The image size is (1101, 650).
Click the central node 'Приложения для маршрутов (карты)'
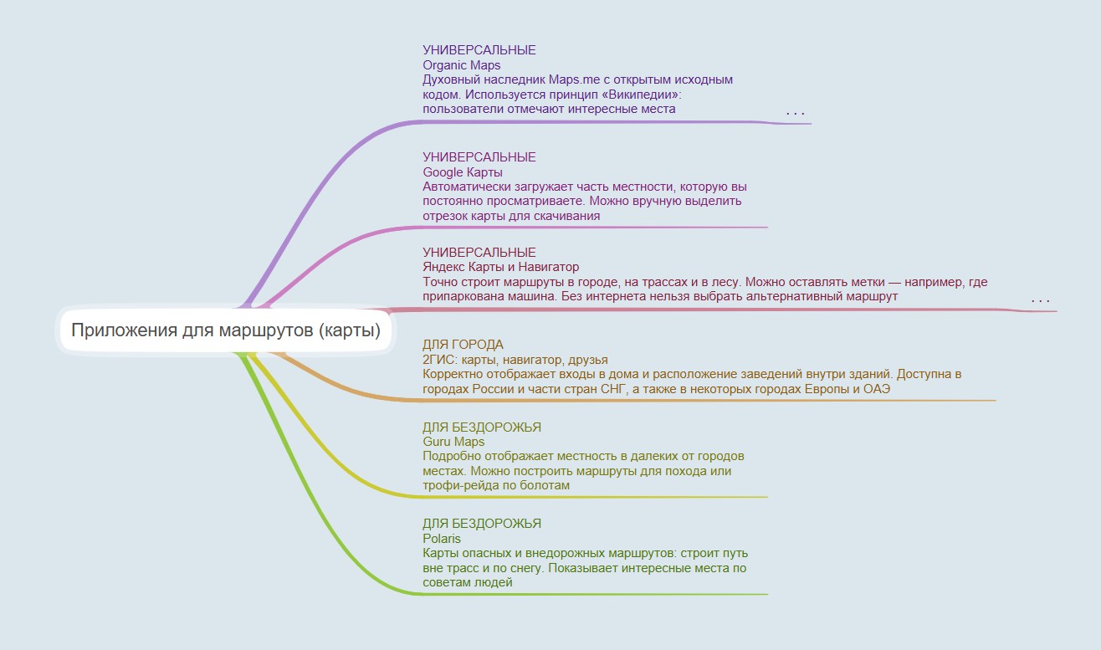226,330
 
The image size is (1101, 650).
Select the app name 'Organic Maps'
462,65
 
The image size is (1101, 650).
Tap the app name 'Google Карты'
463,172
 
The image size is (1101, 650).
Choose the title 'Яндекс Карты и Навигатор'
501,267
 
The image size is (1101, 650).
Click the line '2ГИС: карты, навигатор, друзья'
515,360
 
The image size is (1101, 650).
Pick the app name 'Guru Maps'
453,442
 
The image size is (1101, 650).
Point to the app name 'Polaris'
442,539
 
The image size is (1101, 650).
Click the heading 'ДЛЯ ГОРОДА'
463,345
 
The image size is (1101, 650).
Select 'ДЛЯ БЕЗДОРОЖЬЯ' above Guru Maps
482,427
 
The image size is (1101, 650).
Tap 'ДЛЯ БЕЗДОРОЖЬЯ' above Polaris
482,523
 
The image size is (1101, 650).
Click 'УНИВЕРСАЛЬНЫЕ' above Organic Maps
479,50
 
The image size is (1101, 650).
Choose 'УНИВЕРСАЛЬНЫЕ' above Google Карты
479,157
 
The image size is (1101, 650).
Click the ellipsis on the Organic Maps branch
796,114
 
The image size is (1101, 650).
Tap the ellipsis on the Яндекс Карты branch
1041,300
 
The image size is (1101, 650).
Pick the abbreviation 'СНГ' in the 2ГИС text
612,389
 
